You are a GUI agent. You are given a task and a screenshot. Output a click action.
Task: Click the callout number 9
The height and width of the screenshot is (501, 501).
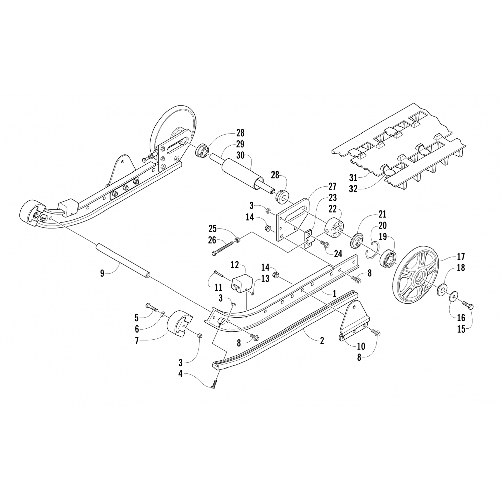(x=102, y=273)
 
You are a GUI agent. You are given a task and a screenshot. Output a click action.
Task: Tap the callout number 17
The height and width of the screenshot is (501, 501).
(x=461, y=257)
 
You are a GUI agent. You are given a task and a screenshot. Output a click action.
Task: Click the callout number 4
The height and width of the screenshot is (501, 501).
(x=180, y=374)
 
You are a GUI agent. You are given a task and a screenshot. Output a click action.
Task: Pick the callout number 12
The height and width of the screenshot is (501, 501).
(x=235, y=265)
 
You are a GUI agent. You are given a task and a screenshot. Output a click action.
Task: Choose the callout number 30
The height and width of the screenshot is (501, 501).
(x=240, y=155)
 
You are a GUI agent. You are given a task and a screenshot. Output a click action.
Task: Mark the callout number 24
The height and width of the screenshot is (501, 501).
(x=338, y=254)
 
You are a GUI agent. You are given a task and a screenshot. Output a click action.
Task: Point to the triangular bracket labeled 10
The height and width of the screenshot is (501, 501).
(x=355, y=317)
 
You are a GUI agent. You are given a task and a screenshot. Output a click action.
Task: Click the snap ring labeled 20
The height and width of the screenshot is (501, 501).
(x=371, y=252)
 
